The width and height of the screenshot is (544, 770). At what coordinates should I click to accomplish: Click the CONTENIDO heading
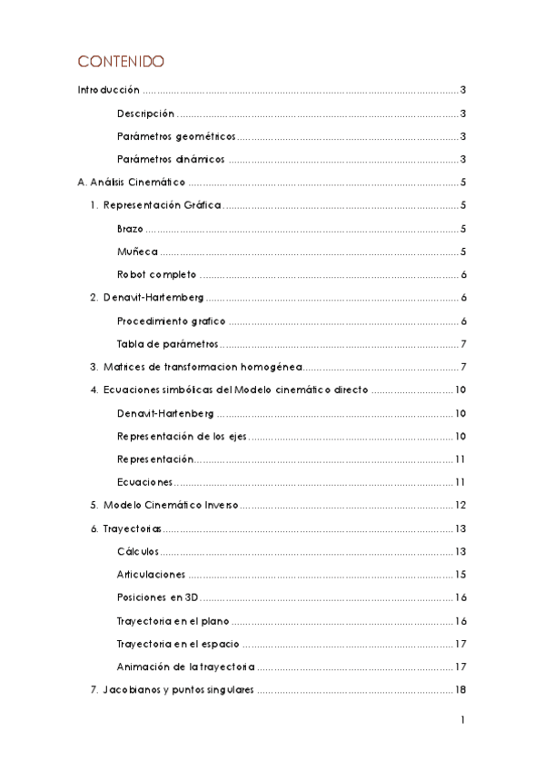click(121, 62)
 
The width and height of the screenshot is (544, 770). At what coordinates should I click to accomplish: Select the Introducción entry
click(108, 91)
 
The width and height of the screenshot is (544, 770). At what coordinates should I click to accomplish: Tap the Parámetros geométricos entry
click(176, 136)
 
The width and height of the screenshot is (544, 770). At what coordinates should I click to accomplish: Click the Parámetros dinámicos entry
click(171, 160)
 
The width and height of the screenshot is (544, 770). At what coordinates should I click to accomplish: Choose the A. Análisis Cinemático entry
click(132, 183)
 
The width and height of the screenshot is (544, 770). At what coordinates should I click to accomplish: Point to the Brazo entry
click(130, 229)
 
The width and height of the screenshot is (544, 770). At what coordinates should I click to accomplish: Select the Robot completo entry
click(156, 275)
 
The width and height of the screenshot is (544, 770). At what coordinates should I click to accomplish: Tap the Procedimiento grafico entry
click(172, 321)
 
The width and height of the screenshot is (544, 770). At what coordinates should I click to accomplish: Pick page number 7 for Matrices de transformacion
click(462, 367)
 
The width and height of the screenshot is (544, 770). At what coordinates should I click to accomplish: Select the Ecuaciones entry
click(144, 482)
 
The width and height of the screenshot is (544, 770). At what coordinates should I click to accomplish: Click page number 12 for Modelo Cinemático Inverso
click(460, 505)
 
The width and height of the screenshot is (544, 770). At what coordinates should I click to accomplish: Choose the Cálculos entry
click(138, 551)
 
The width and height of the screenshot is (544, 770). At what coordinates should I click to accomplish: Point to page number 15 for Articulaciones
click(460, 575)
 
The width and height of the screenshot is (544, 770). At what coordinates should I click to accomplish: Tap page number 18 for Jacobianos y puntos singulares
click(460, 689)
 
